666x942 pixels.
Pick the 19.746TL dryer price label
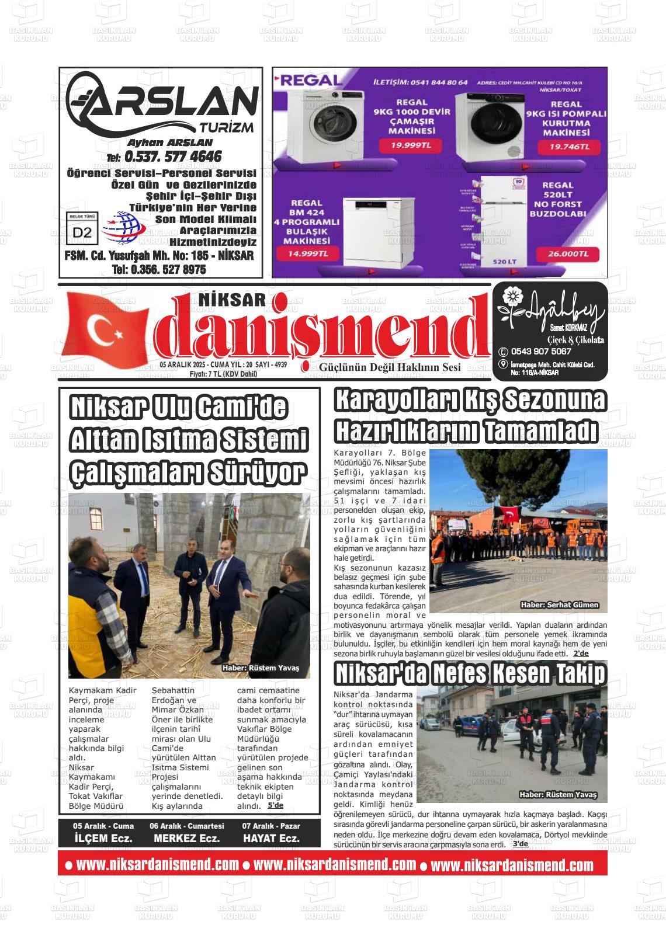[569, 147]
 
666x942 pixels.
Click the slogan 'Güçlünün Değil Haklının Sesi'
[390, 367]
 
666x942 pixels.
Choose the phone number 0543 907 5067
[541, 352]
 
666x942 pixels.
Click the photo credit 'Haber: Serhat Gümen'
[559, 604]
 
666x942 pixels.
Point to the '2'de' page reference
[581, 653]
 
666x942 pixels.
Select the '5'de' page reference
[275, 805]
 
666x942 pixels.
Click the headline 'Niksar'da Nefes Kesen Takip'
[470, 674]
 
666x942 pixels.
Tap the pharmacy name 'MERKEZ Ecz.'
[186, 838]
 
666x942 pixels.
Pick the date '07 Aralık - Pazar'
[271, 826]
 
